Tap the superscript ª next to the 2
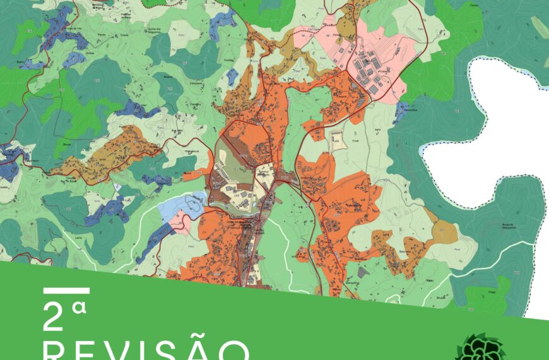click(x=78, y=309)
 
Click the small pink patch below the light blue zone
click(x=181, y=222)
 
